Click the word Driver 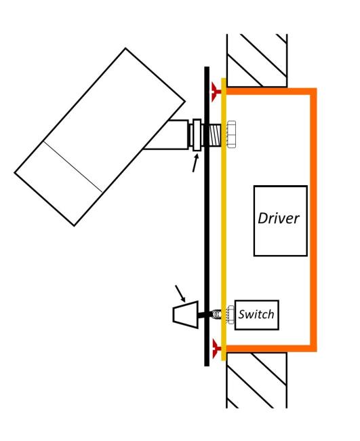click(279, 218)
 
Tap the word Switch click(256, 314)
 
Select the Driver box click(281, 220)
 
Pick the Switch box click(256, 315)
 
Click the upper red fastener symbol click(216, 92)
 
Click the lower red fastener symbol click(217, 349)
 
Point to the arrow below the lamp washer click(195, 163)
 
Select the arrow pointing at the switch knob click(180, 293)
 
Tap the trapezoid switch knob click(186, 314)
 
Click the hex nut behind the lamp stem click(231, 134)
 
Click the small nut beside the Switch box click(231, 315)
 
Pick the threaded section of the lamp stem click(215, 134)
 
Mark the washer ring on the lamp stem click(197, 135)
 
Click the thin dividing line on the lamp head click(73, 167)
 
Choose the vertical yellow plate click(224, 219)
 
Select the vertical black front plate click(207, 216)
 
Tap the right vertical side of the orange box click(314, 220)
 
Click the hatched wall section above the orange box click(257, 60)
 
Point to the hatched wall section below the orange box click(256, 380)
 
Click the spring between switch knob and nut click(216, 313)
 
